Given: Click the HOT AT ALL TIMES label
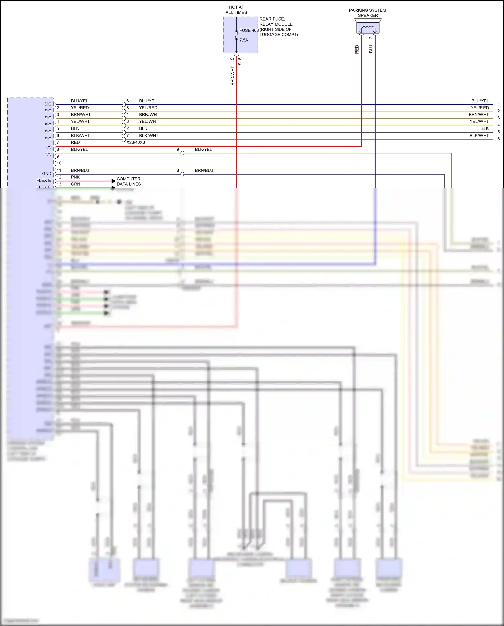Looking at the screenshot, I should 236,10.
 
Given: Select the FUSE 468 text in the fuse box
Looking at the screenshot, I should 249,30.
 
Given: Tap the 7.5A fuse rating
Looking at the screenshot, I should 244,40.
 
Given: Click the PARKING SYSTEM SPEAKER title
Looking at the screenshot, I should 368,13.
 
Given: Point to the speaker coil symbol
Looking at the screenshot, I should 368,28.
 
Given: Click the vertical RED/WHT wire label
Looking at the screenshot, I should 232,76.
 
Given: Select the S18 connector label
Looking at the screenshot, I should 240,61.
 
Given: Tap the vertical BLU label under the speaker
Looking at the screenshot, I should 371,49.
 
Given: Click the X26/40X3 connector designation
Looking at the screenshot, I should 136,142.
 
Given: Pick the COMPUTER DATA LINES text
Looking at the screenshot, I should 129,181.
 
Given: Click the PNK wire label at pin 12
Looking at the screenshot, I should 75,177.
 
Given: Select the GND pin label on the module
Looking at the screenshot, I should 47,174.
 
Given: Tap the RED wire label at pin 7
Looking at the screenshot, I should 75,142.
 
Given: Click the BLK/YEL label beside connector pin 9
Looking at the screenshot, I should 203,149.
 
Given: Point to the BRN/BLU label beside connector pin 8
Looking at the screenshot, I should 204,170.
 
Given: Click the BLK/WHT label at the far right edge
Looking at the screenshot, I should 479,136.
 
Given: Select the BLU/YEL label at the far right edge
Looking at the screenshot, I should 480,101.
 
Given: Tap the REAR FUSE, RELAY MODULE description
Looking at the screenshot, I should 278,27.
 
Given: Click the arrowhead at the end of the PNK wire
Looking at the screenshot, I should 114,181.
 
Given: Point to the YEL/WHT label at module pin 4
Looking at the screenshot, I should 80,121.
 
